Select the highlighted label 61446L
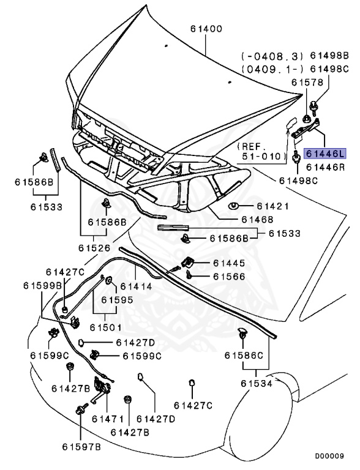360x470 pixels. tap(326, 154)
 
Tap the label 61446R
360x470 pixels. tap(326, 166)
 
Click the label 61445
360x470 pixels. tap(229, 263)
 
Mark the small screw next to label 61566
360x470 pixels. tap(189, 277)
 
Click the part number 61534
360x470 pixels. tap(257, 383)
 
